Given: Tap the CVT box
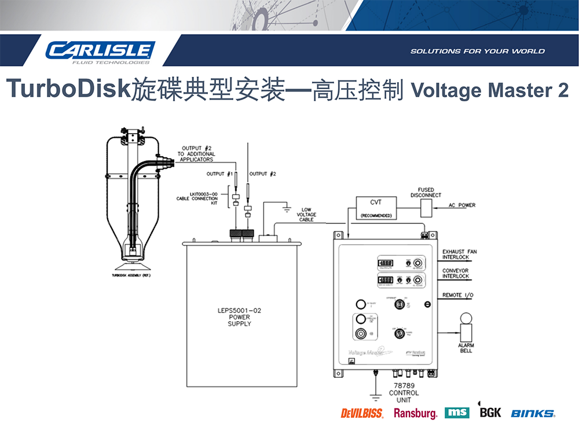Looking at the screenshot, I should pos(375,207).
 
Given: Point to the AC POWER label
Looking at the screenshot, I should pos(462,205).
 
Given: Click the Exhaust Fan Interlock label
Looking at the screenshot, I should pos(460,255).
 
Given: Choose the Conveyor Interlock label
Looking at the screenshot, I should pos(456,273).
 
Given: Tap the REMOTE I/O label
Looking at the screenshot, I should pos(458,295).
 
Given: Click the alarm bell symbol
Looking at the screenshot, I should pos(466,327).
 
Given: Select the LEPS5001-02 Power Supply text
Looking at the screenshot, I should pos(239,317).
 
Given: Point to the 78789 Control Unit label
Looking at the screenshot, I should pos(404,393).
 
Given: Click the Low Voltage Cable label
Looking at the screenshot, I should pos(306,215).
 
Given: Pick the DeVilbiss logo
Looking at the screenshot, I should pos(362,413).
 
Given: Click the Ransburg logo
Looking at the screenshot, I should pos(415,413).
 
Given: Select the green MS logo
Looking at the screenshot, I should pos(457,413).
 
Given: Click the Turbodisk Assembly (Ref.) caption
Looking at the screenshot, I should pos(131,275).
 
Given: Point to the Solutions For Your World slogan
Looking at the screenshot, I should pos(478,52).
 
